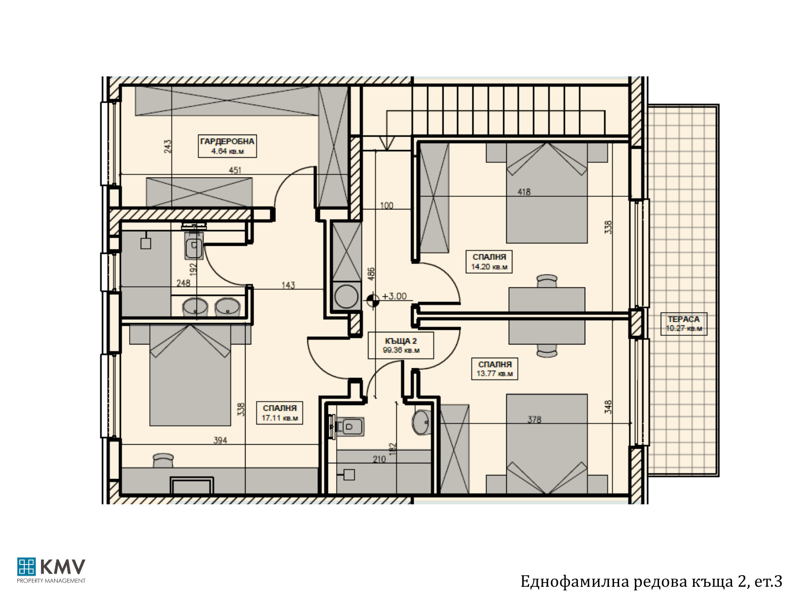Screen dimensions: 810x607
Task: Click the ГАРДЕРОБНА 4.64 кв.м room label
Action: click(227, 146)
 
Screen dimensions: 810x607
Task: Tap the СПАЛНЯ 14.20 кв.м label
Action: click(489, 262)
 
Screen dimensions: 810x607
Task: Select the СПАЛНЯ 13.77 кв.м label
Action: click(495, 369)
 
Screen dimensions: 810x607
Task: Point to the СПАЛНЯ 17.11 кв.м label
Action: click(280, 413)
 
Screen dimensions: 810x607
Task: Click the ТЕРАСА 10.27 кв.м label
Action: click(684, 324)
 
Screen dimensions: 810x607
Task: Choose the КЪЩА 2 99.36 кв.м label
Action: click(401, 345)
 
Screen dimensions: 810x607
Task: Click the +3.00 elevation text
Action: click(394, 296)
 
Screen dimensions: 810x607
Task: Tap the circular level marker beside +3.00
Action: click(373, 300)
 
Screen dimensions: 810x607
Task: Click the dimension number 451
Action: click(235, 170)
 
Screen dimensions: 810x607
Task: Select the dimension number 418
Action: click(524, 192)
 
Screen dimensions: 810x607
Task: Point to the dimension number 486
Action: click(371, 274)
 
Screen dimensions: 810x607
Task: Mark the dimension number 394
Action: click(220, 441)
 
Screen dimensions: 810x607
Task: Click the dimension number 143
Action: click(288, 285)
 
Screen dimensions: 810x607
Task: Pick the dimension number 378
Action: click(534, 419)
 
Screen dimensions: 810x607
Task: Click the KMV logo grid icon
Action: click(26, 567)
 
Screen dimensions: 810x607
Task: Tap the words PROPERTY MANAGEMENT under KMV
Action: click(51, 581)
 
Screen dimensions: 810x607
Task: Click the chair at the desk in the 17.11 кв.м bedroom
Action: click(163, 460)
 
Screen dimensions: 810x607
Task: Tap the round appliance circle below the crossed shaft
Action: click(346, 296)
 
